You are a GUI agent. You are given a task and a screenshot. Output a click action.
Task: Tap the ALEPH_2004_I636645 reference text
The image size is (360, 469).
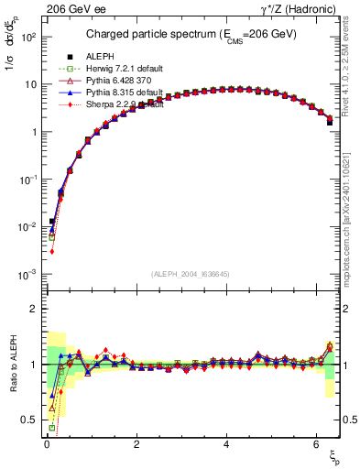click(x=189, y=273)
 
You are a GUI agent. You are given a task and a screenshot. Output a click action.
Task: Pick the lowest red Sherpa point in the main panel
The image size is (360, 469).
click(x=52, y=251)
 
